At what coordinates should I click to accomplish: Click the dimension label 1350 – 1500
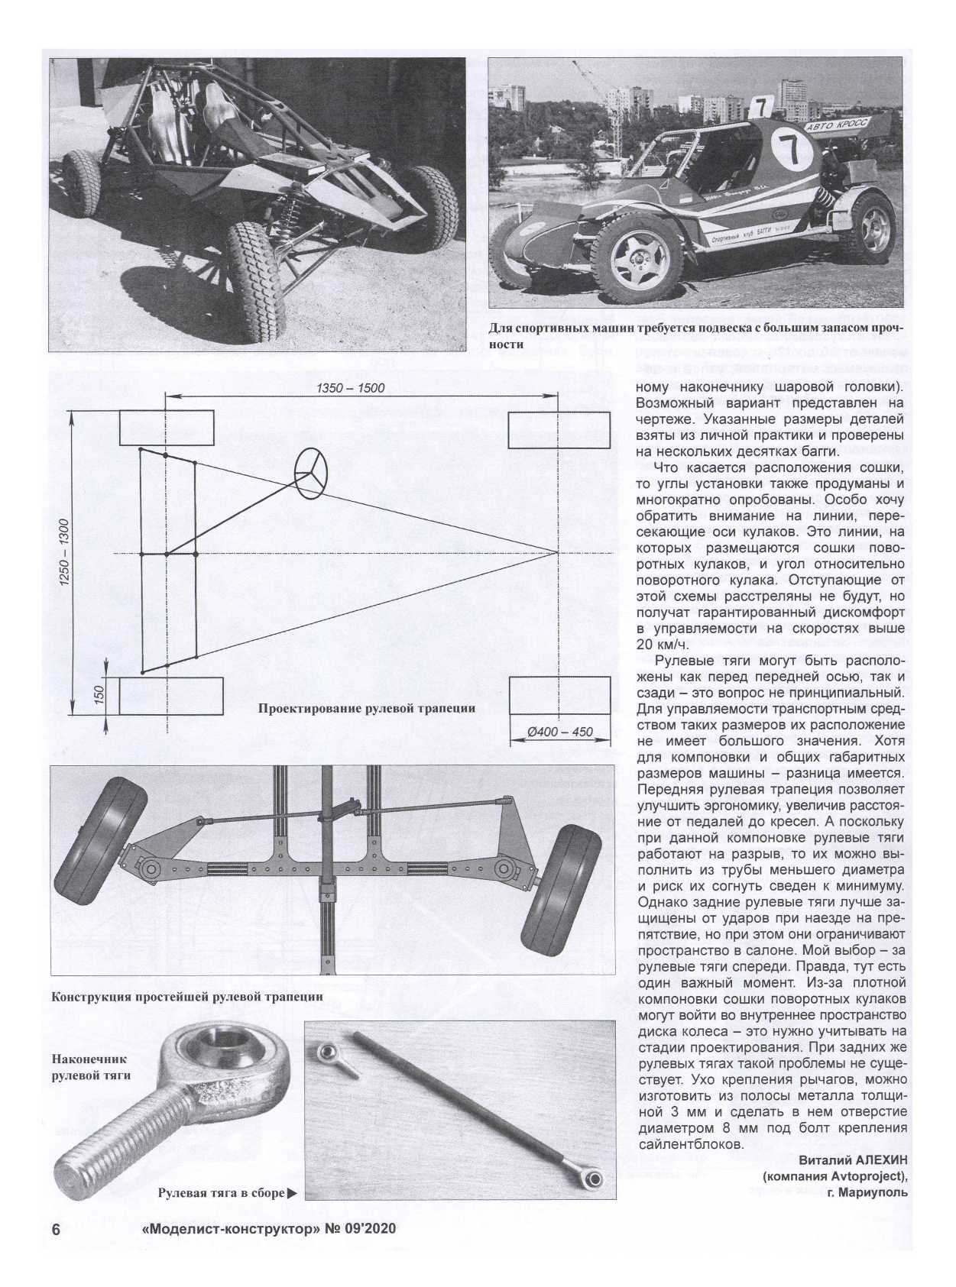351,388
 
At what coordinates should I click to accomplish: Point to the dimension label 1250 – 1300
64,553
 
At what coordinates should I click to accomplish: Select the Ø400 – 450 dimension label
560,732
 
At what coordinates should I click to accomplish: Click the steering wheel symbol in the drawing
311,473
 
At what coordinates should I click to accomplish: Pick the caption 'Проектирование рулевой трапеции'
366,708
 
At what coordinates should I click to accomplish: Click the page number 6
56,1230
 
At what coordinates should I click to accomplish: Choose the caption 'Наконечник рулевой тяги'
90,1067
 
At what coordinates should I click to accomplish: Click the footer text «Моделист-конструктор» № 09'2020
269,1230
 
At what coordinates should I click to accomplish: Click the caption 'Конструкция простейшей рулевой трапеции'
186,997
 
